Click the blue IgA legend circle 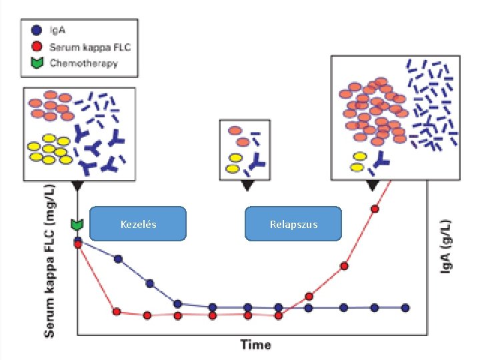tap(37, 30)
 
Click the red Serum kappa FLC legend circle tap(37, 47)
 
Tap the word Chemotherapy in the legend tap(85, 63)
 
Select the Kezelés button tap(138, 224)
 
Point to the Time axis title tap(255, 344)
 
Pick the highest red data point tap(375, 209)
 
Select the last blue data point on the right tap(405, 307)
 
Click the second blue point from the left tap(118, 259)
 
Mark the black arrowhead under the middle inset tap(247, 185)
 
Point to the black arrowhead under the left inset tap(78, 185)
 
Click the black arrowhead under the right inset tap(373, 185)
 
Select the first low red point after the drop tap(117, 311)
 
